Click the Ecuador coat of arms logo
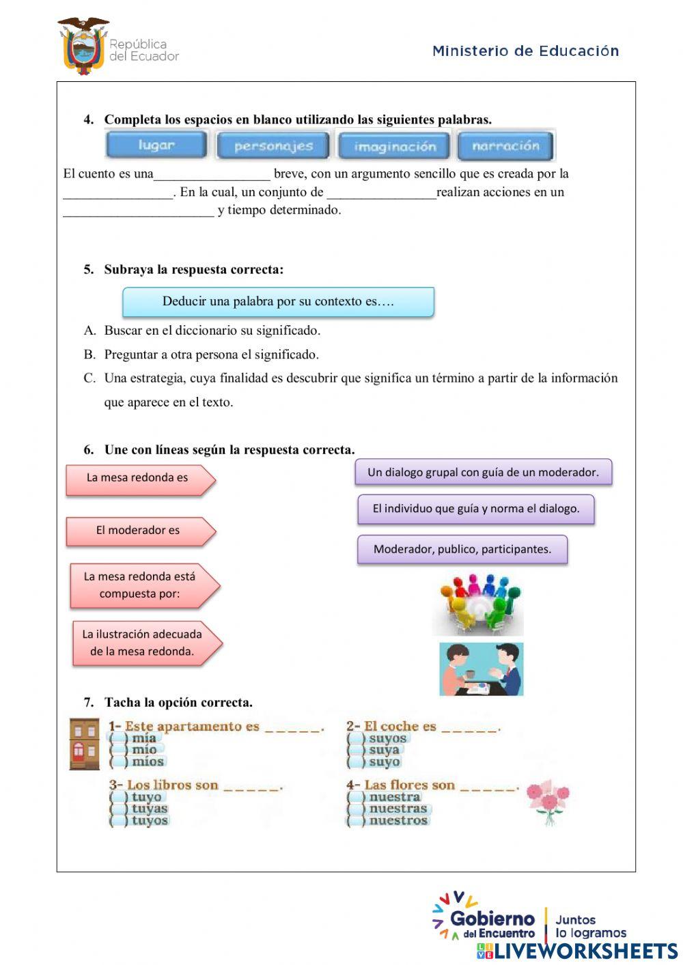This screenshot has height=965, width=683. point(83,46)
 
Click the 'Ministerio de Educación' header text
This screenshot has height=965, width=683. point(525,51)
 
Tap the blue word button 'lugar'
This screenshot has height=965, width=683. point(156,145)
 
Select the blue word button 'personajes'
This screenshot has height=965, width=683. point(273,146)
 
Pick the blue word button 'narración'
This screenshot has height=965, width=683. point(505,146)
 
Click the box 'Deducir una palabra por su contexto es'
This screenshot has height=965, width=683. point(278,302)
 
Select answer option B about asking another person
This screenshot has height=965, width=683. point(211,354)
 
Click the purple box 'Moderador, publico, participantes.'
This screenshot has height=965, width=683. point(462,549)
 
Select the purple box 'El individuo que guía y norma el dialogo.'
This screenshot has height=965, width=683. point(475,509)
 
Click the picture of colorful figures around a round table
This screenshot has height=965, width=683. point(479,604)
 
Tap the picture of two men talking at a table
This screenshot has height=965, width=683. point(481,669)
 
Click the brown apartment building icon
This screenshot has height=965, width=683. point(85,744)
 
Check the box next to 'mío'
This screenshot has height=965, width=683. point(119,750)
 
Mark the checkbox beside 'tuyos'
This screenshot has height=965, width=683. point(119,821)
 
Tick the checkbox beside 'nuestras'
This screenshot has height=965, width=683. point(356,809)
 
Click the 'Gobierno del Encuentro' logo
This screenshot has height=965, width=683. point(485,919)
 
